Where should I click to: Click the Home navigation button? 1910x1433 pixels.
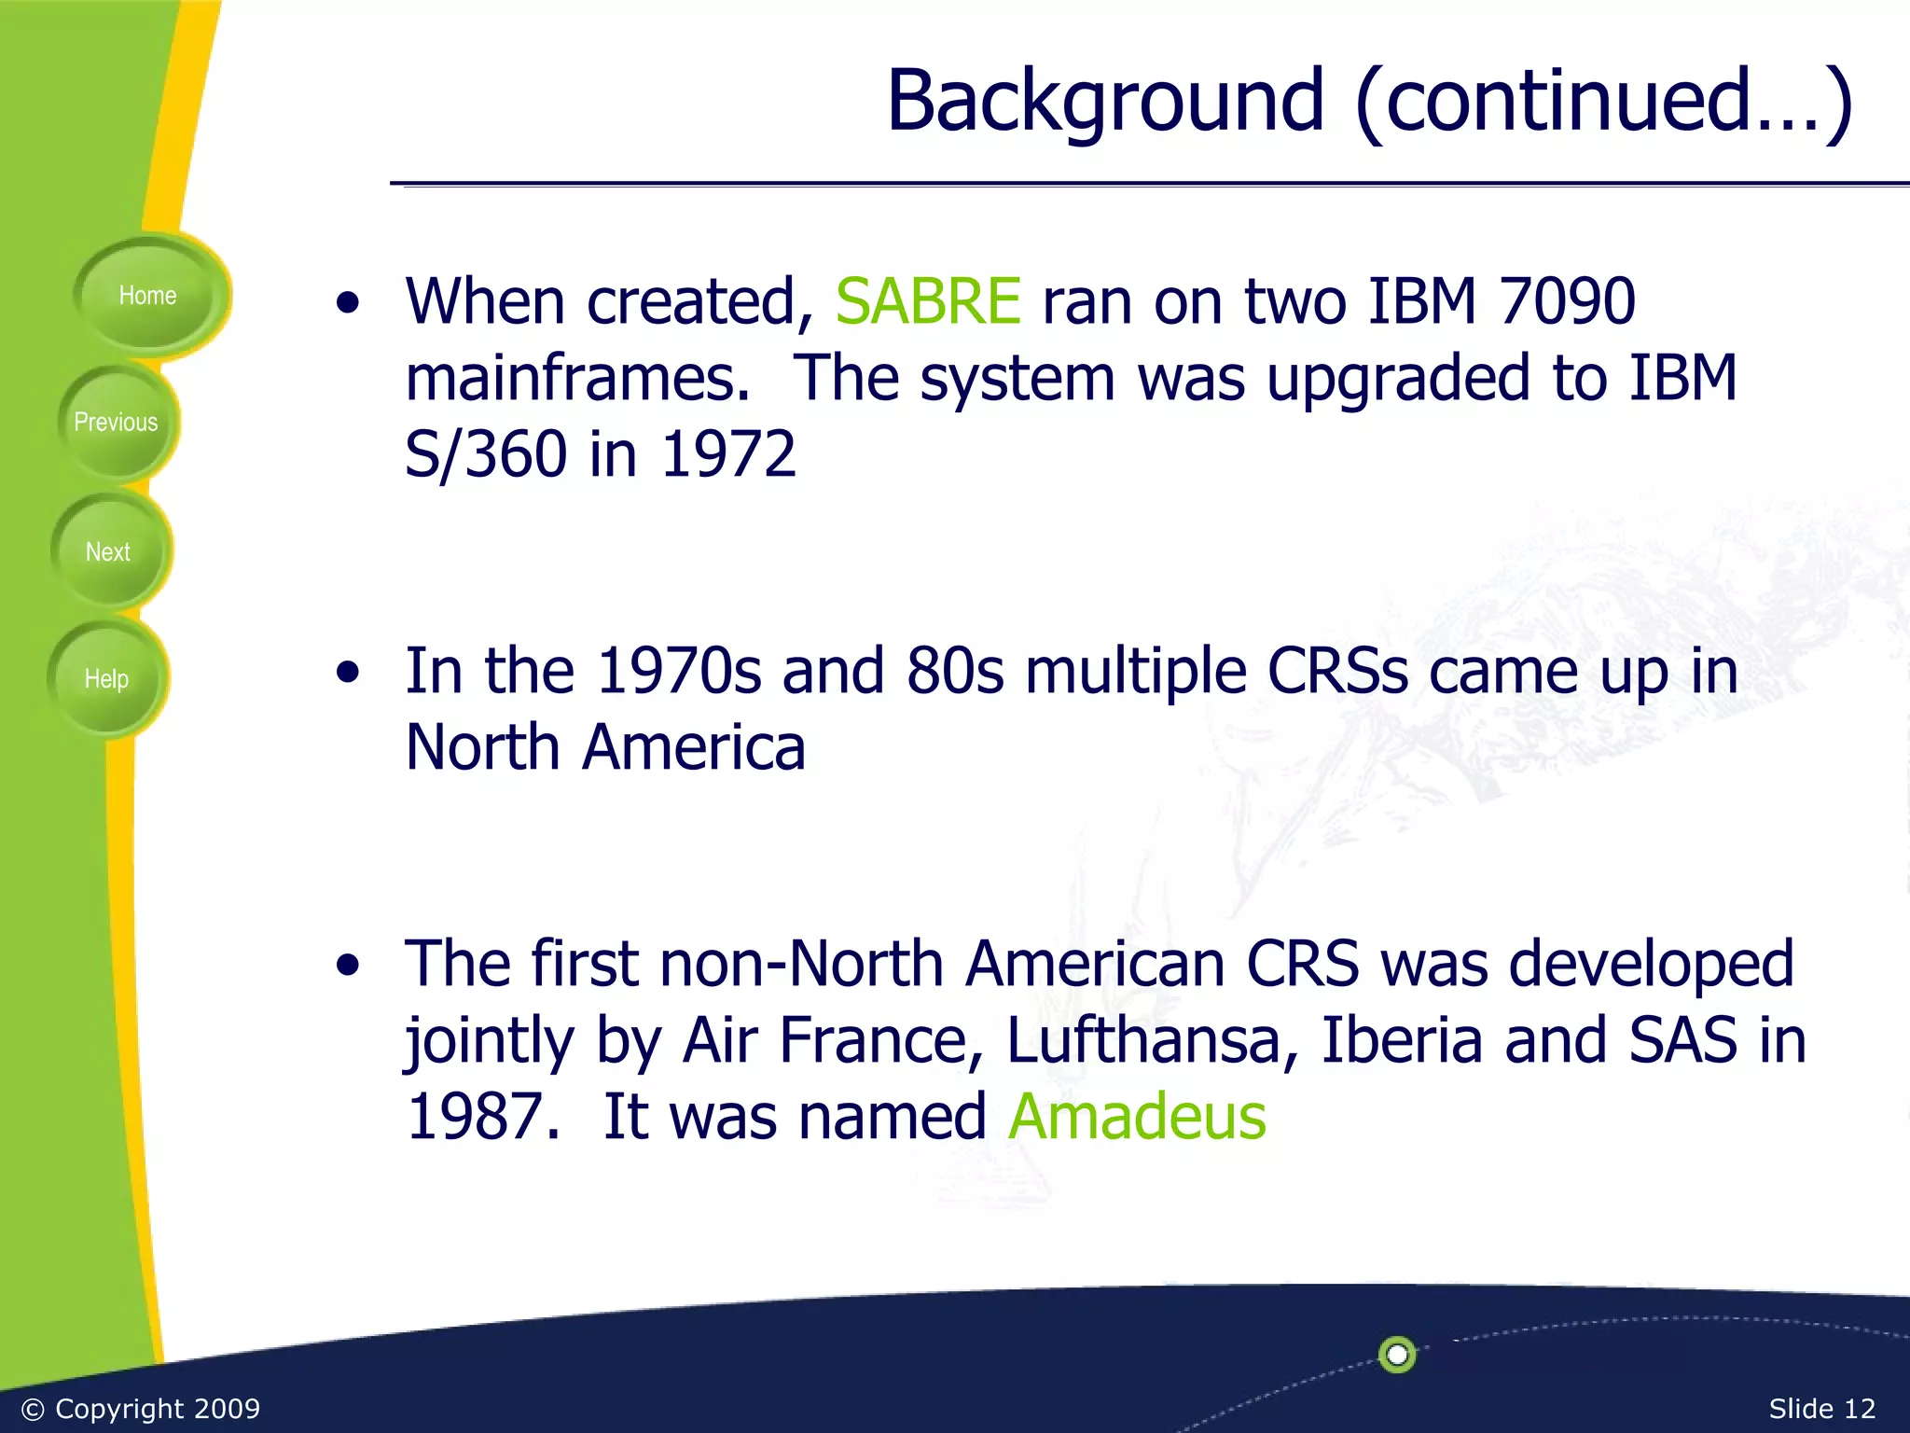tap(147, 296)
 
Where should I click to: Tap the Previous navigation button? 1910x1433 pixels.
tap(116, 423)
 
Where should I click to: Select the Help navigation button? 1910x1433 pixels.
tap(106, 679)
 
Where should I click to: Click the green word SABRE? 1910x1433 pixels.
tap(928, 302)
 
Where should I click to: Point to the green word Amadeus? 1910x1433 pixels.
tap(1137, 1117)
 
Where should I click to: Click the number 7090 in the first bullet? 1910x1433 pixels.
tap(1567, 302)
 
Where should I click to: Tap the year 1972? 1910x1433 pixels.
tap(728, 455)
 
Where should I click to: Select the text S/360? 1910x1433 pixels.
tap(486, 455)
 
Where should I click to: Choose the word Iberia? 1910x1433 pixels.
tap(1402, 1040)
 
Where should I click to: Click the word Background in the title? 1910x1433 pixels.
tap(1105, 101)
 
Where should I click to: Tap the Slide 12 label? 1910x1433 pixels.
tap(1821, 1409)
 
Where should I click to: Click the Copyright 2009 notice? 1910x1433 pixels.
tap(141, 1409)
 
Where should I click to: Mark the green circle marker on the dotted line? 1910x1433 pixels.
tap(1397, 1354)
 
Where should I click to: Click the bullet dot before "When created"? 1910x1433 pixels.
tap(348, 304)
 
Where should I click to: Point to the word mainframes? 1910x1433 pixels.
tap(577, 379)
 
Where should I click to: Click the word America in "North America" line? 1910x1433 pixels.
tap(694, 748)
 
